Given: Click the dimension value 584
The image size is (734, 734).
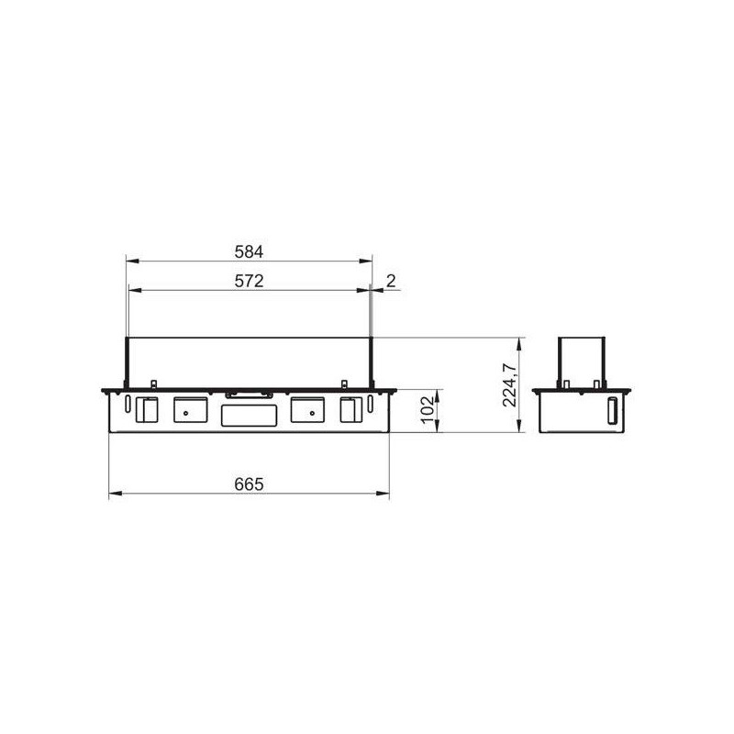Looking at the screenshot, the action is (x=249, y=251).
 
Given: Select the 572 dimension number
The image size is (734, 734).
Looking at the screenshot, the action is (x=249, y=281).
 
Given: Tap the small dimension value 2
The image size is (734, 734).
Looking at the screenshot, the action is (x=391, y=281).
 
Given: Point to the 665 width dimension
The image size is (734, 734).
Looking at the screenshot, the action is (x=249, y=484).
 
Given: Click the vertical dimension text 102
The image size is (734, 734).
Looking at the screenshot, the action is (x=428, y=410).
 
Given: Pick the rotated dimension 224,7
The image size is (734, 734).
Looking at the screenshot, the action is (x=509, y=384).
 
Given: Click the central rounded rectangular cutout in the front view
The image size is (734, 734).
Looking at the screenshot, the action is (x=249, y=416).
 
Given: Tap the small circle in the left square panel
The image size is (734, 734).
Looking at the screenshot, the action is (x=186, y=414).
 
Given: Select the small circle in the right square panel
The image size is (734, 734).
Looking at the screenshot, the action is (x=312, y=414).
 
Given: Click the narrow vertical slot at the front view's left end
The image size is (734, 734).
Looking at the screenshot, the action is (x=128, y=404).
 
